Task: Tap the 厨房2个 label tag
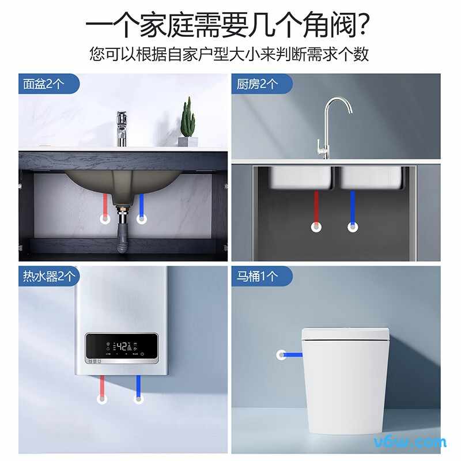point(257,84)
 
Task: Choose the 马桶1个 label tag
point(257,276)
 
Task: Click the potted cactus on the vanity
point(187,122)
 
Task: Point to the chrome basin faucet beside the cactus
point(122,128)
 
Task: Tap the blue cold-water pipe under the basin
point(141,204)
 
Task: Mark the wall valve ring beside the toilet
point(282,355)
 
